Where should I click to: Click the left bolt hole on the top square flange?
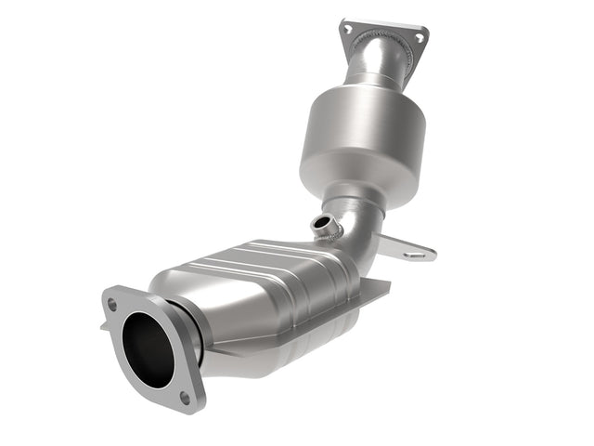click(x=347, y=29)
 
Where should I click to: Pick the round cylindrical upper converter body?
click(x=363, y=139)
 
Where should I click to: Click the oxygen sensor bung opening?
click(x=323, y=223)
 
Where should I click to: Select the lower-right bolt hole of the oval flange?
click(x=184, y=397)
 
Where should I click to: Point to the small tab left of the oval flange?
click(x=104, y=326)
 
